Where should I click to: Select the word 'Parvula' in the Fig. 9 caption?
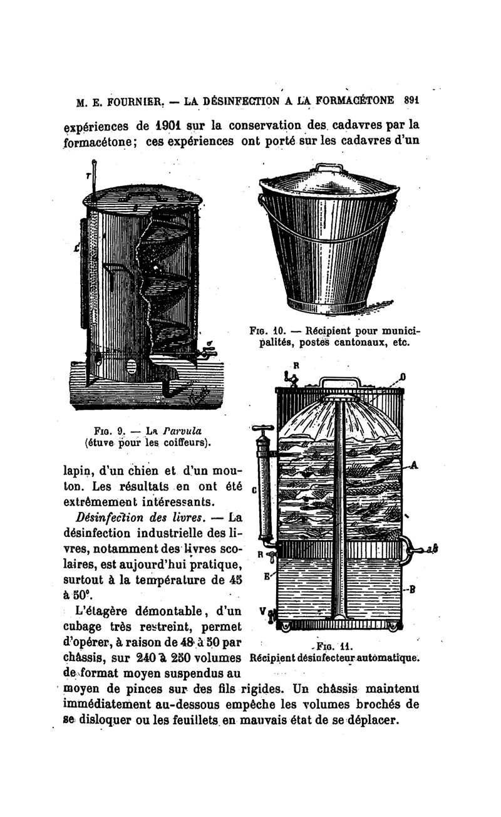tap(187, 430)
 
